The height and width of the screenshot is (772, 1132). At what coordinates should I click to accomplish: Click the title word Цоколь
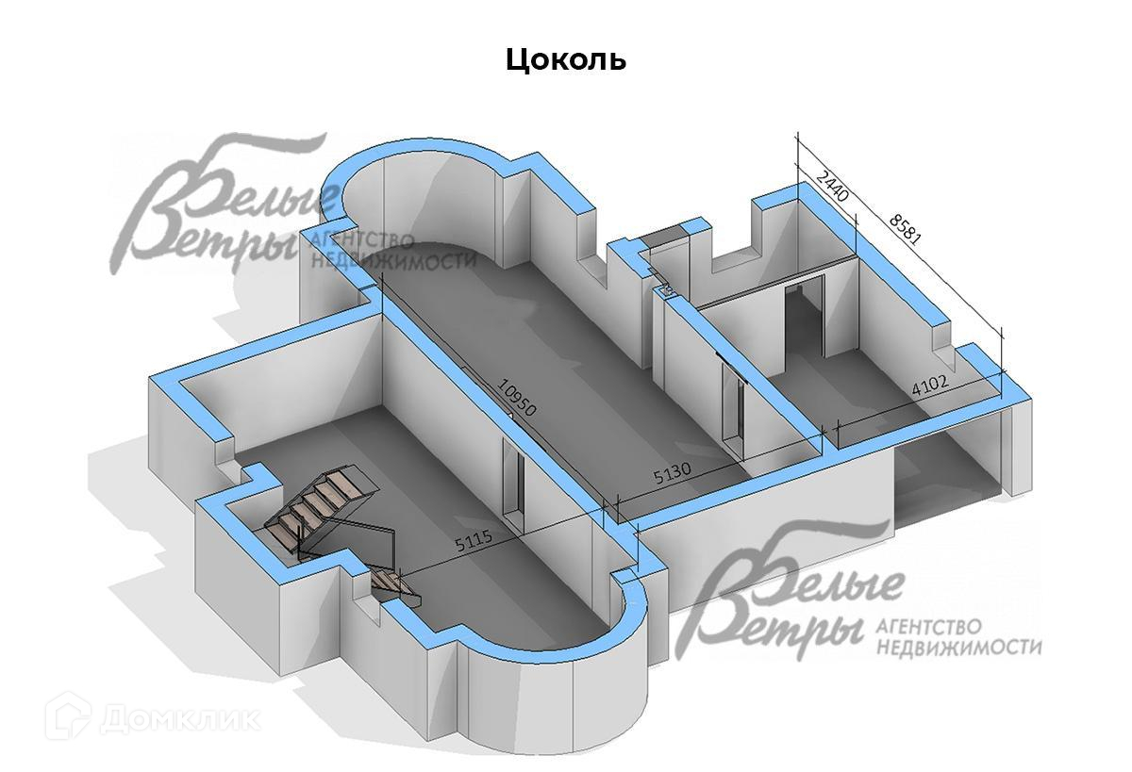click(x=566, y=59)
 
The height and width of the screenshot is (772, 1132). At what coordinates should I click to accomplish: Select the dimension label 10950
click(x=518, y=398)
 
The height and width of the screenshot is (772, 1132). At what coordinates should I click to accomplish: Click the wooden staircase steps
click(x=321, y=504)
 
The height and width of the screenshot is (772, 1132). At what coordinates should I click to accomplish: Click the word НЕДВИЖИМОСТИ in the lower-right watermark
click(x=960, y=648)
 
